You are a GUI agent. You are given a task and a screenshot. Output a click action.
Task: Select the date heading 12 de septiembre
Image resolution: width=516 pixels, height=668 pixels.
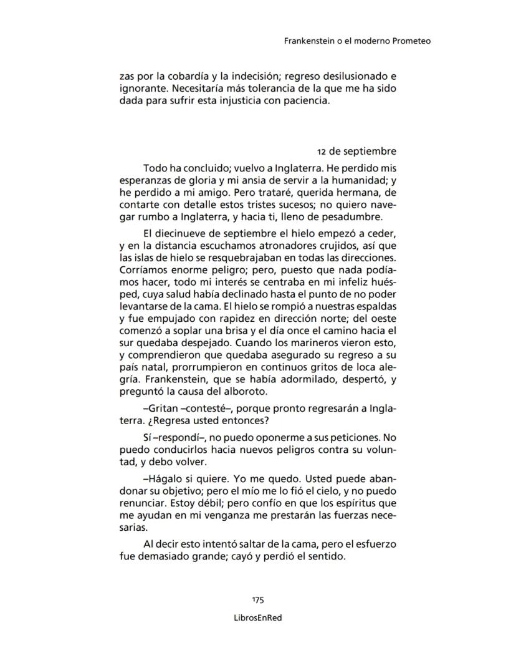tap(356, 152)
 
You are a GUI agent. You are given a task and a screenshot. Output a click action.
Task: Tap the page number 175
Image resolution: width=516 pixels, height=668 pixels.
tap(258, 600)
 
